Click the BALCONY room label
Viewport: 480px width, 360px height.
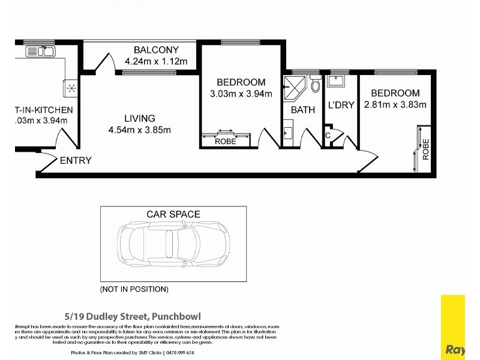click(x=156, y=50)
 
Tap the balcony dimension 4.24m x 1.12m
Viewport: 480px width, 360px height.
click(x=156, y=61)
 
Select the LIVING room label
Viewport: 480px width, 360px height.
click(x=140, y=118)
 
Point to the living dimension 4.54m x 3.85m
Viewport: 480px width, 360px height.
click(x=140, y=130)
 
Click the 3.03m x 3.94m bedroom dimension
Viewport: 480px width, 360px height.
click(x=241, y=94)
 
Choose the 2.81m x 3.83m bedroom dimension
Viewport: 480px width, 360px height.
click(x=395, y=104)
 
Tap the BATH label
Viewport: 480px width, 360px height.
click(x=303, y=110)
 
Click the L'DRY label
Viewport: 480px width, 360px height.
click(x=341, y=105)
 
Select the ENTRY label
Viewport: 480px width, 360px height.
click(x=76, y=160)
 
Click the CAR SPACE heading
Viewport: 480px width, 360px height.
click(x=173, y=214)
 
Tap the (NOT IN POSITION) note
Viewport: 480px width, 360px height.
click(x=134, y=289)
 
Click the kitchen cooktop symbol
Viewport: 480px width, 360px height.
click(x=71, y=88)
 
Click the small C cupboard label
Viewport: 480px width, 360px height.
click(x=328, y=135)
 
